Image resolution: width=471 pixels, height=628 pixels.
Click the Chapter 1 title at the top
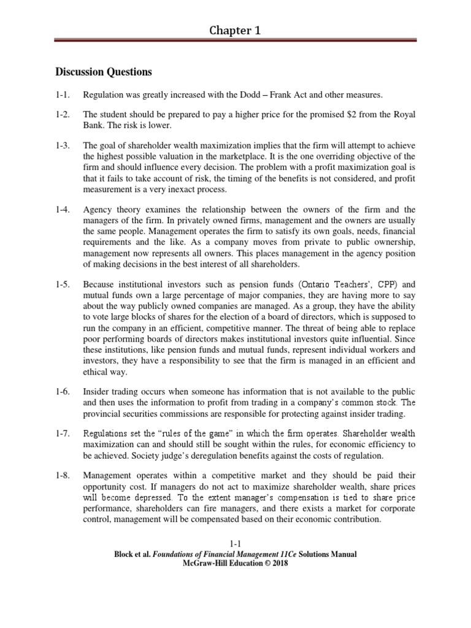coord(235,30)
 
